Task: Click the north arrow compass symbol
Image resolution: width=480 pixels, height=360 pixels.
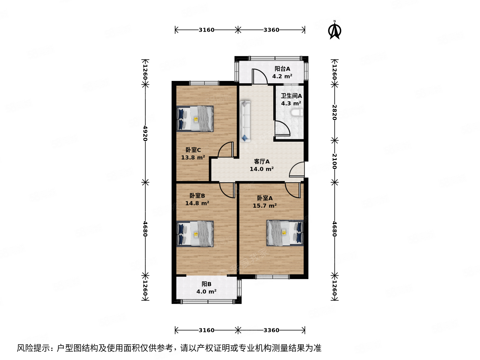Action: click(x=334, y=31)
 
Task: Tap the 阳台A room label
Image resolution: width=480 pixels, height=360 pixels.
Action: click(x=282, y=69)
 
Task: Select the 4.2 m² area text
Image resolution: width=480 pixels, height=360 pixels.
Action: click(x=282, y=76)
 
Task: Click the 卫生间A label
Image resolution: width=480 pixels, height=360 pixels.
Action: click(x=291, y=96)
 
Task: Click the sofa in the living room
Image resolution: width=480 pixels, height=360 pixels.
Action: click(x=245, y=121)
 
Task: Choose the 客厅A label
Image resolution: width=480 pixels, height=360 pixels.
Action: click(x=262, y=162)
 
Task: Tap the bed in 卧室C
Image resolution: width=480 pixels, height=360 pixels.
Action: click(x=195, y=119)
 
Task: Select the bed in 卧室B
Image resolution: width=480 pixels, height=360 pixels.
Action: click(x=195, y=234)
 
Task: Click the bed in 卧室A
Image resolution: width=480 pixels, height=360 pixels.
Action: click(x=285, y=233)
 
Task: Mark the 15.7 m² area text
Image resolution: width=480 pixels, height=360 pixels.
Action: click(x=264, y=206)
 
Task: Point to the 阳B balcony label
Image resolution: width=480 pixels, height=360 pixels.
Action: click(x=206, y=284)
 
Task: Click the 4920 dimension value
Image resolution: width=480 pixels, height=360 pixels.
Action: click(x=145, y=133)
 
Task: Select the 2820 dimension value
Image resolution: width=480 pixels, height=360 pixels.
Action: click(x=334, y=112)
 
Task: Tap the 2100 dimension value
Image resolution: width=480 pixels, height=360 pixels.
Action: click(x=334, y=161)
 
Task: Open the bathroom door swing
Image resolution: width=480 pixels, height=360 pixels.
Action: click(x=282, y=129)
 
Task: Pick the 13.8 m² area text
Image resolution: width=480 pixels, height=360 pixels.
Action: click(x=193, y=157)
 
